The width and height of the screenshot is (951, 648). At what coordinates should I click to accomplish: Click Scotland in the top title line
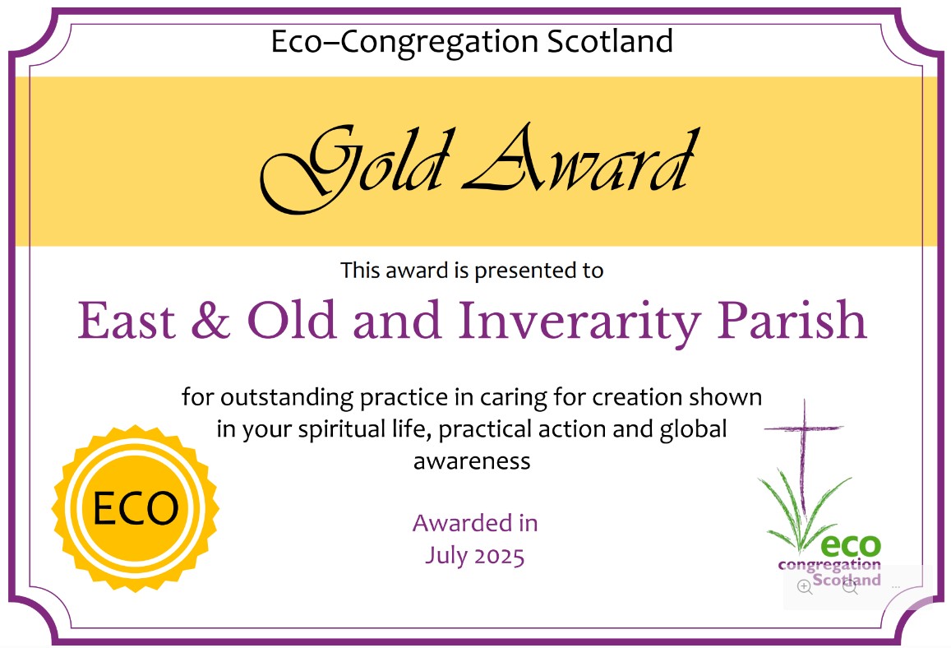tap(610, 41)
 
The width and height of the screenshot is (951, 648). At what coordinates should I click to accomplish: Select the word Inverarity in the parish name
tap(579, 322)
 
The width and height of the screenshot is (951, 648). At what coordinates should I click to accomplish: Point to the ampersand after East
tap(210, 320)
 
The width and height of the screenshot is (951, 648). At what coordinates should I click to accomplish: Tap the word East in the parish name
tap(127, 321)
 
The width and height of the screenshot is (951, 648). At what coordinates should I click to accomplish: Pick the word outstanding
tap(287, 398)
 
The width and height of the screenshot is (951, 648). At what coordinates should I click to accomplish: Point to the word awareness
tap(472, 461)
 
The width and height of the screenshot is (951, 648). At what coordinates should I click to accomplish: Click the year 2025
tap(500, 557)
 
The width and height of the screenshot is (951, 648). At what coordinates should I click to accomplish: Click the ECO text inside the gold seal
tap(136, 508)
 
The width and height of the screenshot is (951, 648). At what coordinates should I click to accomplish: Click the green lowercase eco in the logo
tap(851, 545)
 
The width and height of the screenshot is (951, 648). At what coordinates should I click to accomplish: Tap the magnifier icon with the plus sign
tap(805, 586)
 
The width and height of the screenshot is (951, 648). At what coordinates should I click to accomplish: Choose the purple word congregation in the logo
tap(829, 566)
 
